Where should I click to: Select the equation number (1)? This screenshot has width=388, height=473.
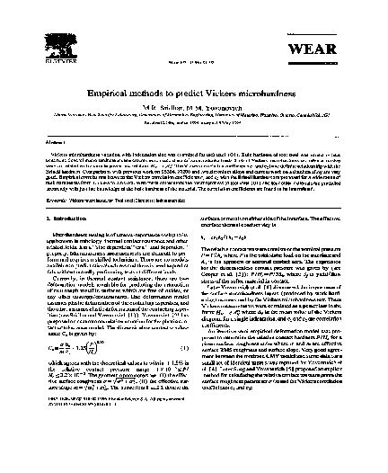tap(182, 364)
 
